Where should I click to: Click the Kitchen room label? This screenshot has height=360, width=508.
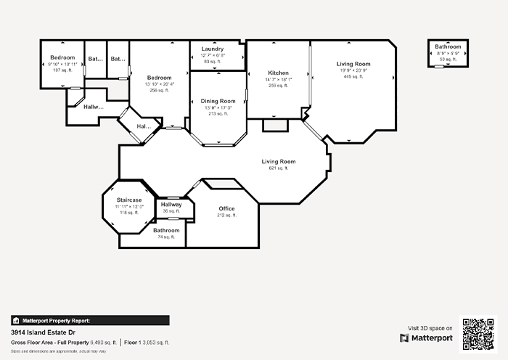[x=278, y=73]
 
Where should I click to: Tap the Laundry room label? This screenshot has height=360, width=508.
[x=212, y=49]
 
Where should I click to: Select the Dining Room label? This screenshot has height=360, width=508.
[x=218, y=101]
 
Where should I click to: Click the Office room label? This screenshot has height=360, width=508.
[x=226, y=208]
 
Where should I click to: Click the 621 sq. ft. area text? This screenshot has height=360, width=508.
[x=278, y=168]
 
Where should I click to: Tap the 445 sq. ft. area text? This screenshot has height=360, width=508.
[x=353, y=76]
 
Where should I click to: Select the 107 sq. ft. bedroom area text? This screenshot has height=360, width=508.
[x=62, y=70]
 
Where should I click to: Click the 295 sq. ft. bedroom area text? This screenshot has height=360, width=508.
[x=159, y=91]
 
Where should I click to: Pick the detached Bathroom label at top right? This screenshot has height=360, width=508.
[x=448, y=47]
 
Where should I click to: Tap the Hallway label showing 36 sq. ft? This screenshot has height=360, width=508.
[x=171, y=205]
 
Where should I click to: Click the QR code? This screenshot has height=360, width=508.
[x=478, y=333]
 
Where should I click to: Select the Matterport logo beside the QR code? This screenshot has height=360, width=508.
[x=426, y=338]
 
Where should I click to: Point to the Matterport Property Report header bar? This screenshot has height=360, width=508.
[x=90, y=320]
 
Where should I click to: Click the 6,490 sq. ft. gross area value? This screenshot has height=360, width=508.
[x=103, y=342]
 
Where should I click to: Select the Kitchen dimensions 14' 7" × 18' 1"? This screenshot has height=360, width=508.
[x=278, y=80]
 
